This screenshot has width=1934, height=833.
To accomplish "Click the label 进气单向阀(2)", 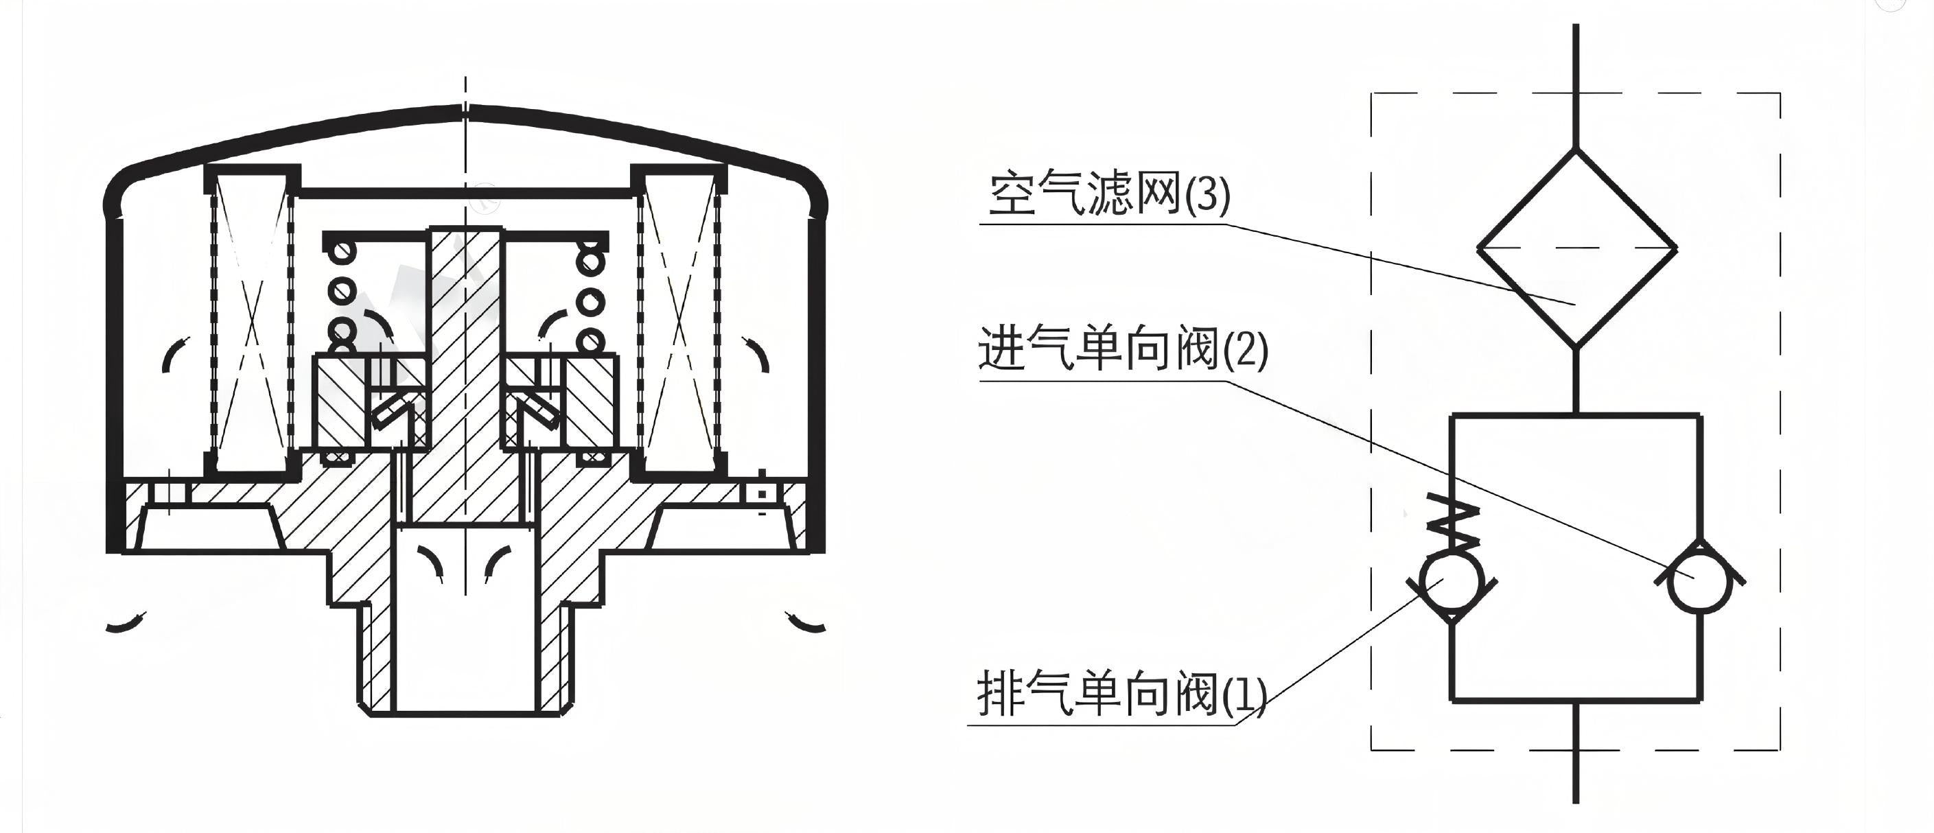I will pos(1122,350).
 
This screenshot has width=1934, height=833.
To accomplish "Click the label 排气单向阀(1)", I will pos(1121,694).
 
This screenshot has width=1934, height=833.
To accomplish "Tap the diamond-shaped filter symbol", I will pos(1576,248).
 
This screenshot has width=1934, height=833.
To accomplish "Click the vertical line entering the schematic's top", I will pos(1576,82).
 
